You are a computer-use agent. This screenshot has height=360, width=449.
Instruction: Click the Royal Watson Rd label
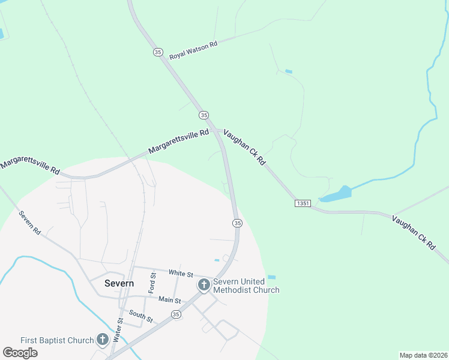coord(193,49)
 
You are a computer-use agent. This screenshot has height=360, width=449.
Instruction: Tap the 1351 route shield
coord(303,204)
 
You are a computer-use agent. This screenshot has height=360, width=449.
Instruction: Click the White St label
coord(180,274)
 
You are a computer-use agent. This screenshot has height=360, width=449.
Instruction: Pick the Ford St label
coord(153,283)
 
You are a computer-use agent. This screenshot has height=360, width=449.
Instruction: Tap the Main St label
coord(170,299)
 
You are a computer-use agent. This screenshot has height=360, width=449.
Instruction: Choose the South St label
coord(141,316)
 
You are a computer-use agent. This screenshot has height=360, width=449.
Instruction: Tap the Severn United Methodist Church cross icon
coord(204,284)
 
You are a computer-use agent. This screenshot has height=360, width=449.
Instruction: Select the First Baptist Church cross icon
coord(102,340)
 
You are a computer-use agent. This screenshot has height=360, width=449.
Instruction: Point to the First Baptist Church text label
coord(57,340)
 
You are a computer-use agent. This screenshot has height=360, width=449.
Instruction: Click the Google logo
coord(20,352)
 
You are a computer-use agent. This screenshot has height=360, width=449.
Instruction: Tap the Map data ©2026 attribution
coord(423,355)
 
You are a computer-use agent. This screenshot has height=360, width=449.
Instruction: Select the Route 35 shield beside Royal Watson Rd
coord(158,52)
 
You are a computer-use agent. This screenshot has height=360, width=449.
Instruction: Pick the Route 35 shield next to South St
coord(176,314)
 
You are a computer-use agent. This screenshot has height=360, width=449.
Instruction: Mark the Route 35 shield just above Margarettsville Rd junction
coord(204,115)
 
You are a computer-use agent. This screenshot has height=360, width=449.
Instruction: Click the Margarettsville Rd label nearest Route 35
coord(179,140)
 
